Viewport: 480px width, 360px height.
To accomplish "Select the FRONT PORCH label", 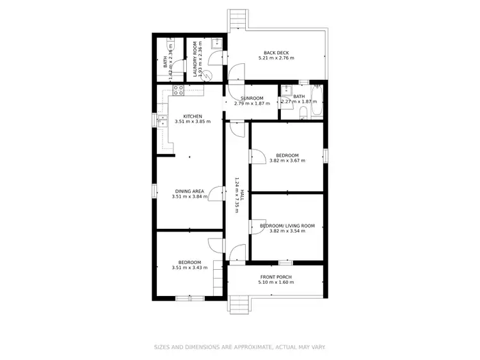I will [x=276, y=277].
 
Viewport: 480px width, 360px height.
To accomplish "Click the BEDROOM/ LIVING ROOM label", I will [x=287, y=226].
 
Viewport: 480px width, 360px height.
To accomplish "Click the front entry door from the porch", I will [x=236, y=254].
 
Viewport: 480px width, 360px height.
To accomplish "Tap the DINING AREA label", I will [x=190, y=191].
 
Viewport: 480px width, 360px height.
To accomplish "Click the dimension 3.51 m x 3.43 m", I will [x=189, y=268].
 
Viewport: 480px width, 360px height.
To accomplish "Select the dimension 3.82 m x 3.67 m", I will [x=287, y=160].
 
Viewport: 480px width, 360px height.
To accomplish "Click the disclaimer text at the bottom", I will [x=240, y=347].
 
